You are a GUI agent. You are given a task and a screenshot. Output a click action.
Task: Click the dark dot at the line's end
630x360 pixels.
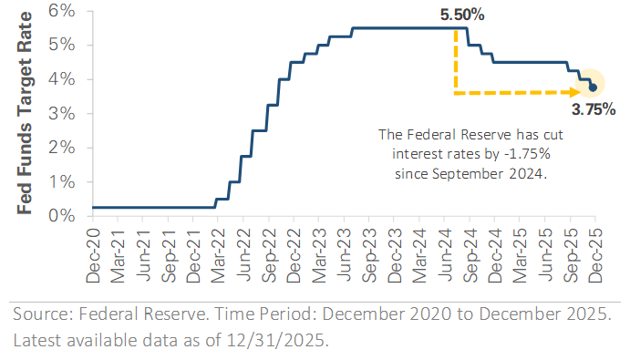point(594,87)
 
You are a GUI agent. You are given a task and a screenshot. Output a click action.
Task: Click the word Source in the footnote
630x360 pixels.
point(41,315)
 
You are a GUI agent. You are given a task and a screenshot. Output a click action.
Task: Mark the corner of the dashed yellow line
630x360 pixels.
point(454,91)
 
